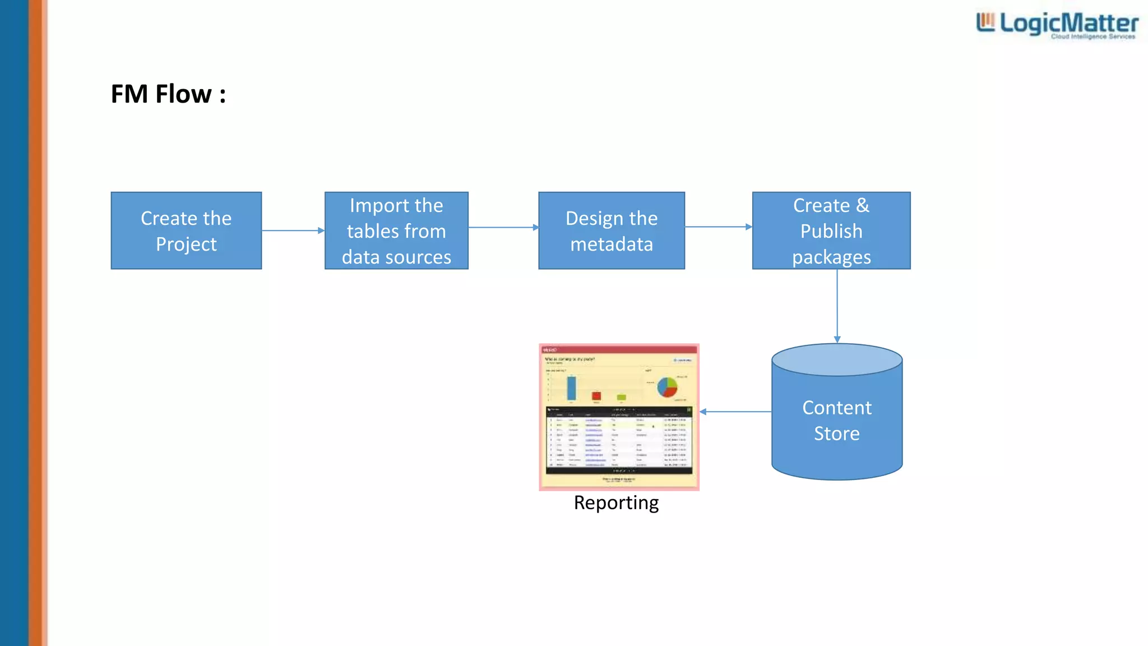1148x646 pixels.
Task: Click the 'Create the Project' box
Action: [186, 230]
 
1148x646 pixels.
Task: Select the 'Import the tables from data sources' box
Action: [396, 230]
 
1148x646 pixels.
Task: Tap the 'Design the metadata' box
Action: [612, 230]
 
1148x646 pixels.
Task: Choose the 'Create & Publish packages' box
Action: [831, 230]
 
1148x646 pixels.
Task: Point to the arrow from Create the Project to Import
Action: [293, 230]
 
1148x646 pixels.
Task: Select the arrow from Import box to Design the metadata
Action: [503, 227]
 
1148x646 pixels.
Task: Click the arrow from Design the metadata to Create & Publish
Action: [718, 227]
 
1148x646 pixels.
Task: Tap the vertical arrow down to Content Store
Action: [837, 306]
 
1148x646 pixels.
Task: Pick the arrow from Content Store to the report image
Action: [735, 412]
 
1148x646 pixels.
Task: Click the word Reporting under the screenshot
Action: [616, 502]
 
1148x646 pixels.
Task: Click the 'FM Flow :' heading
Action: [168, 94]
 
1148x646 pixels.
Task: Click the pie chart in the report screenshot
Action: [667, 387]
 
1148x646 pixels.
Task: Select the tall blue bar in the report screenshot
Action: [571, 388]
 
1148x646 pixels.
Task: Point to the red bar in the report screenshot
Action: [596, 396]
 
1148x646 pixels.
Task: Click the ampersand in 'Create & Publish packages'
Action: [862, 205]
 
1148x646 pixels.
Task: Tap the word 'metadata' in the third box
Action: [612, 244]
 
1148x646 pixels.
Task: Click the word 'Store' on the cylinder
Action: [836, 433]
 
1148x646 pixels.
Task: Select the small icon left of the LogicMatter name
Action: [985, 22]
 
